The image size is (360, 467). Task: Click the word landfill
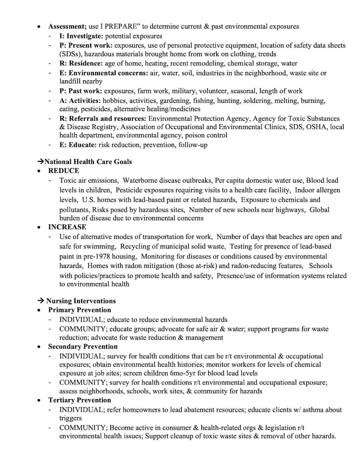click(71, 82)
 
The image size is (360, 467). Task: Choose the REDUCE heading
click(63, 171)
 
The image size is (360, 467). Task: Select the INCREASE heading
click(67, 227)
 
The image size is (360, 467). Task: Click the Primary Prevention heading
click(79, 310)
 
